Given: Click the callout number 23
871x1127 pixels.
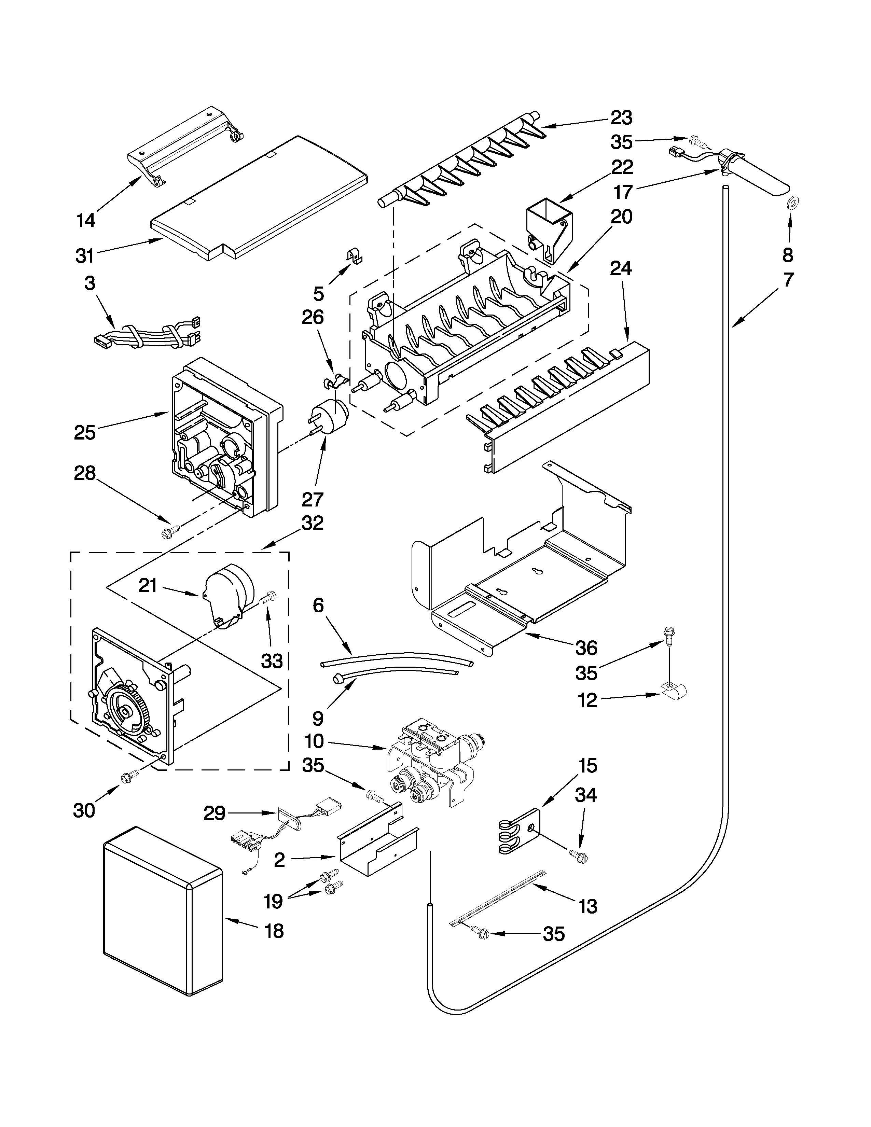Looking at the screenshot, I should (x=621, y=118).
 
